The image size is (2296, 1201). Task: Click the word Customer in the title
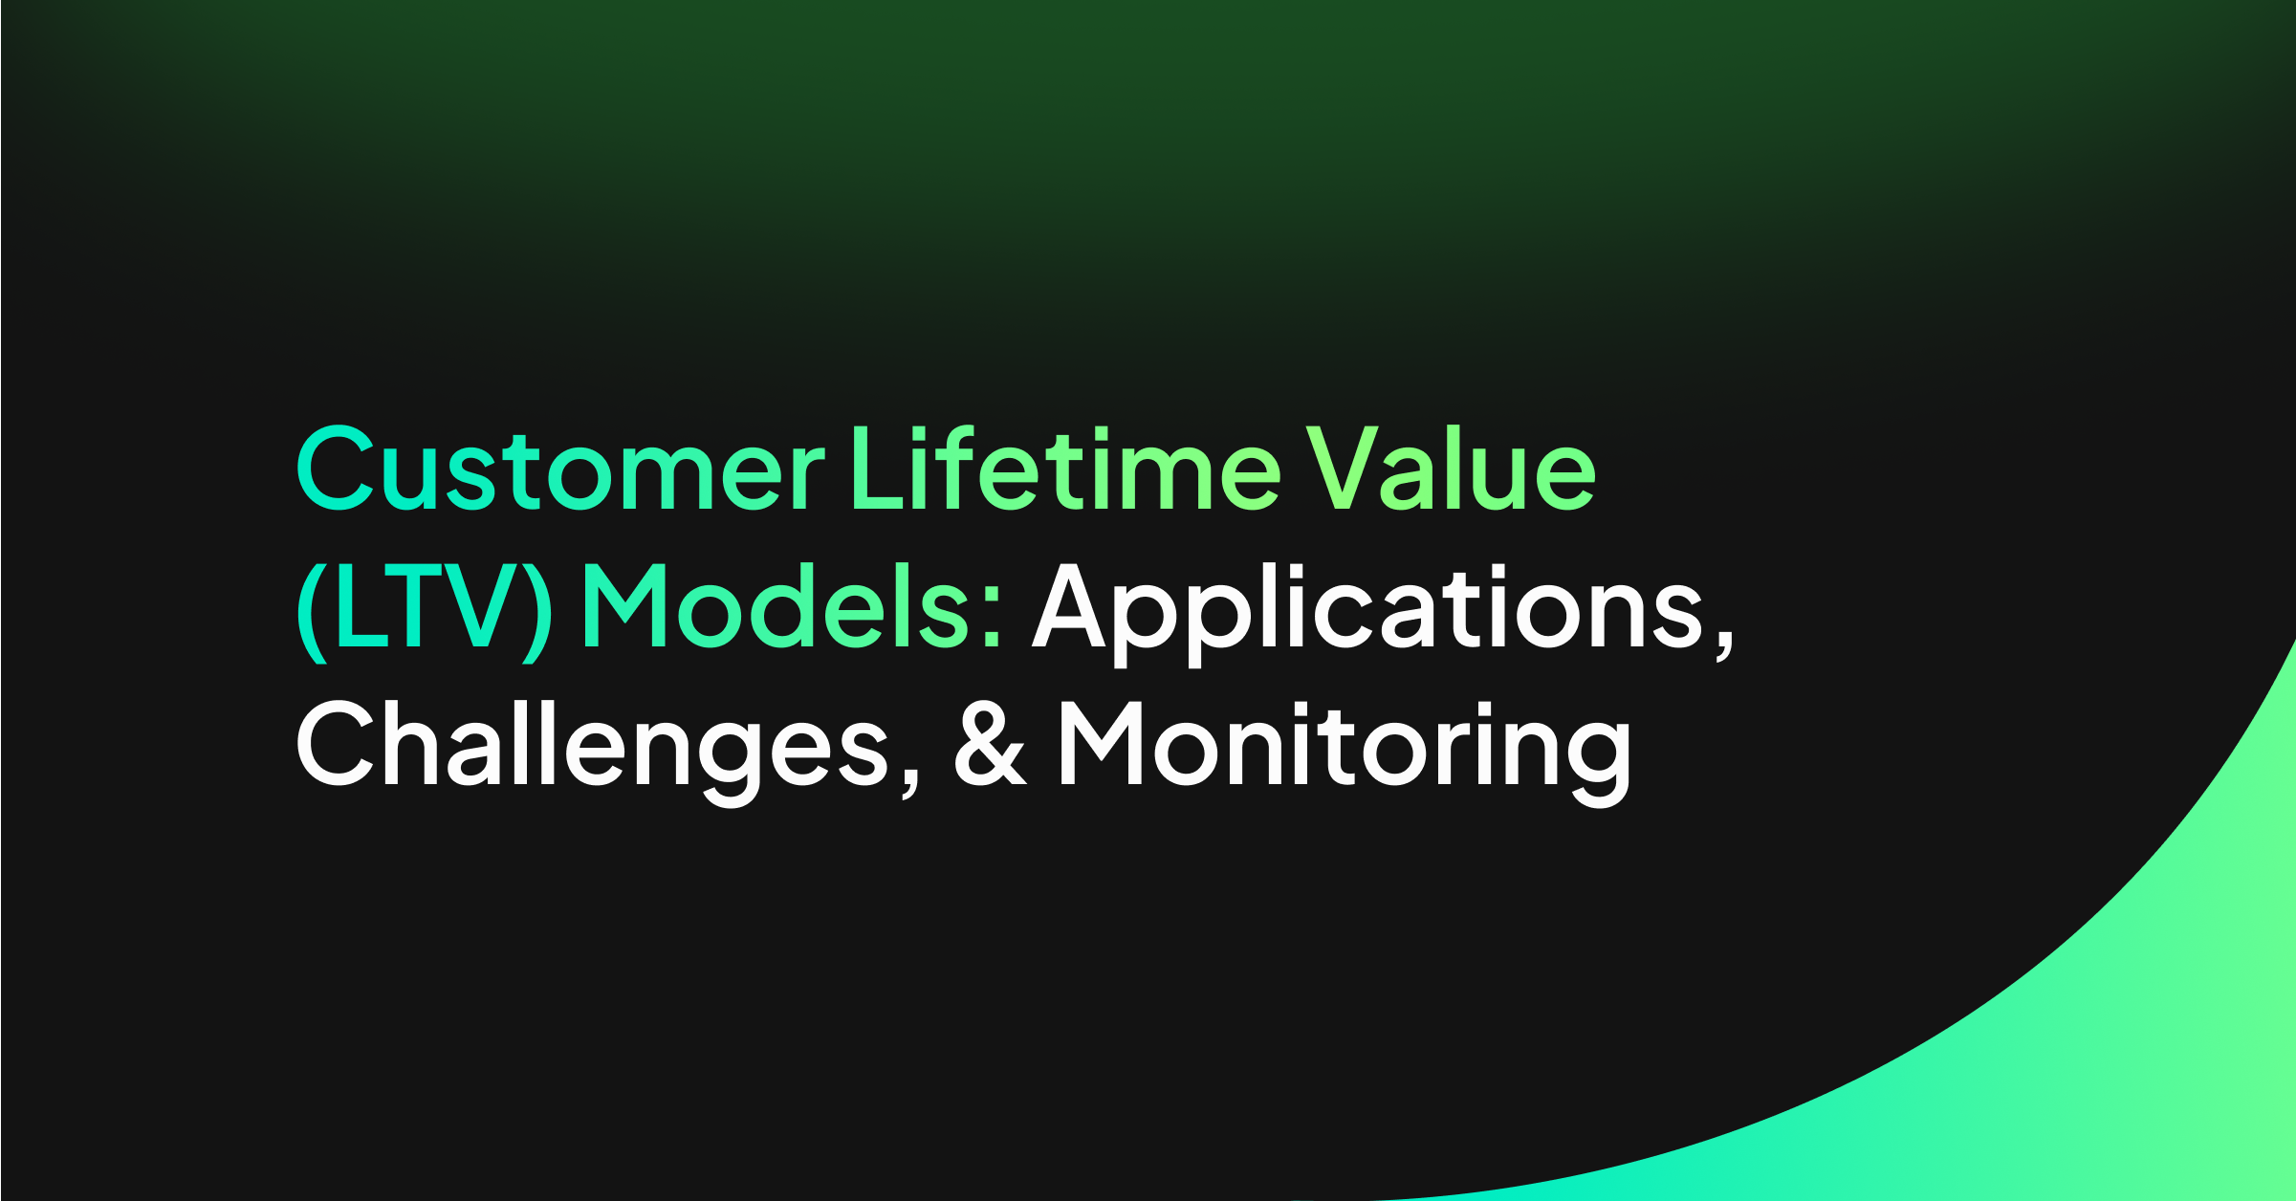(x=560, y=469)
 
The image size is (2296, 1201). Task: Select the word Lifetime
(x=1065, y=467)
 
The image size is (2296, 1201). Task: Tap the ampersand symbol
(x=991, y=743)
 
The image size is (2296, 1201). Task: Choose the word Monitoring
(x=1345, y=752)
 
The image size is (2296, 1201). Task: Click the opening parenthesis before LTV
(x=313, y=612)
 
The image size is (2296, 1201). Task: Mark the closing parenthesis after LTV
(x=536, y=612)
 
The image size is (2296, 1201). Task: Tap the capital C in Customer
(x=335, y=469)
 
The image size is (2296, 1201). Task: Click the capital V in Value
(x=1343, y=467)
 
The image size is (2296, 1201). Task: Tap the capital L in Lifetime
(x=879, y=467)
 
